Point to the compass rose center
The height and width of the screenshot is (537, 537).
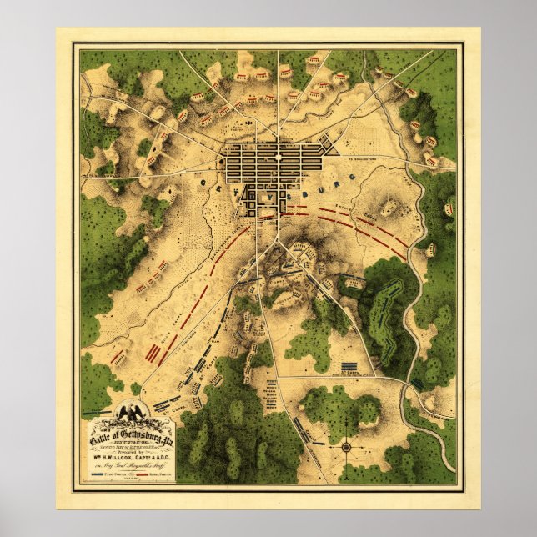[x=344, y=447]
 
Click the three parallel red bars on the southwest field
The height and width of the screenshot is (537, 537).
[x=153, y=352]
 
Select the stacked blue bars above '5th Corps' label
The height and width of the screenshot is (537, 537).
[x=349, y=367]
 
